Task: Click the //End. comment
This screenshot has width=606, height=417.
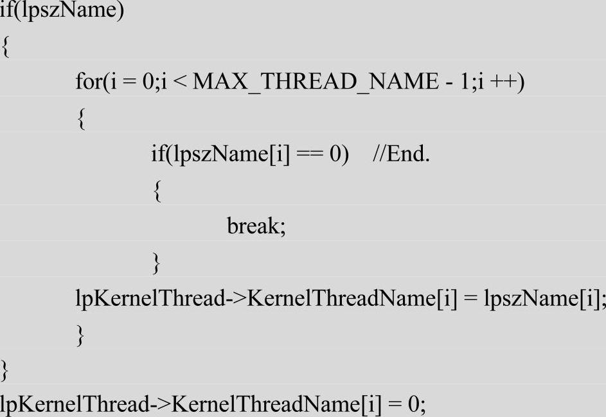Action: (400, 155)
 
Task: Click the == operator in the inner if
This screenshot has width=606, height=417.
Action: (309, 155)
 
